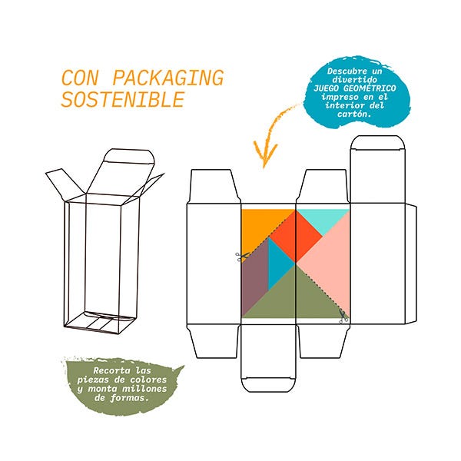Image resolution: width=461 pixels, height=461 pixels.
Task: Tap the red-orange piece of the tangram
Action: (296, 234)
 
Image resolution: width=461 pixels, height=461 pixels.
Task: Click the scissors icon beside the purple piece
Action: (240, 256)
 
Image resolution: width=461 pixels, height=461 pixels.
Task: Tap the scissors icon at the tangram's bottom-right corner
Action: (343, 315)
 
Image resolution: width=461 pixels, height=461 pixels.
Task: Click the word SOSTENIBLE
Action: (123, 100)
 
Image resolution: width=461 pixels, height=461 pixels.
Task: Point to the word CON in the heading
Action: (82, 78)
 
